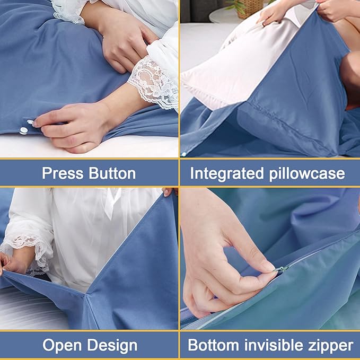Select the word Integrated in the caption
pos(229,173)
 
